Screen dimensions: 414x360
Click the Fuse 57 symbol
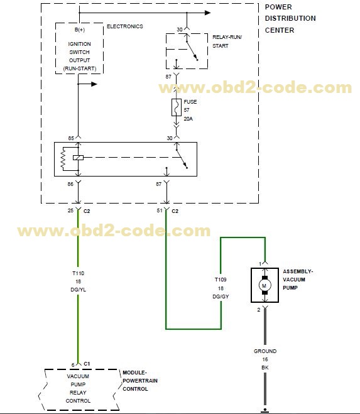click(177, 107)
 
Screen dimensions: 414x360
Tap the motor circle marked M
click(265, 286)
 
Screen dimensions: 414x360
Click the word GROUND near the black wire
click(265, 351)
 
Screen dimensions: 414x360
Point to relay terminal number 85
click(71, 138)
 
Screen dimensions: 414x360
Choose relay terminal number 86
click(71, 183)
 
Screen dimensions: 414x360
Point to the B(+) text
click(79, 30)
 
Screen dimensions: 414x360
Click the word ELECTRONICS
click(124, 26)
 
